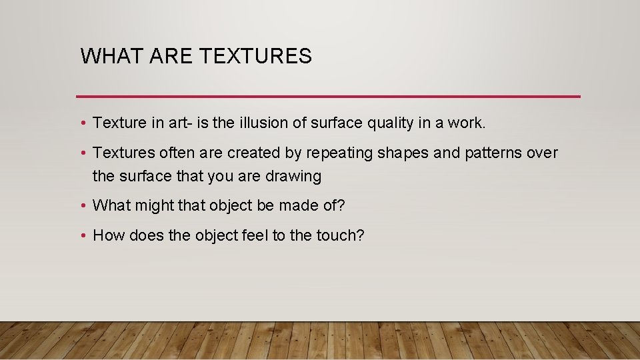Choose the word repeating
pyautogui.click(x=339, y=153)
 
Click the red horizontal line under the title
pyautogui.click(x=328, y=97)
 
